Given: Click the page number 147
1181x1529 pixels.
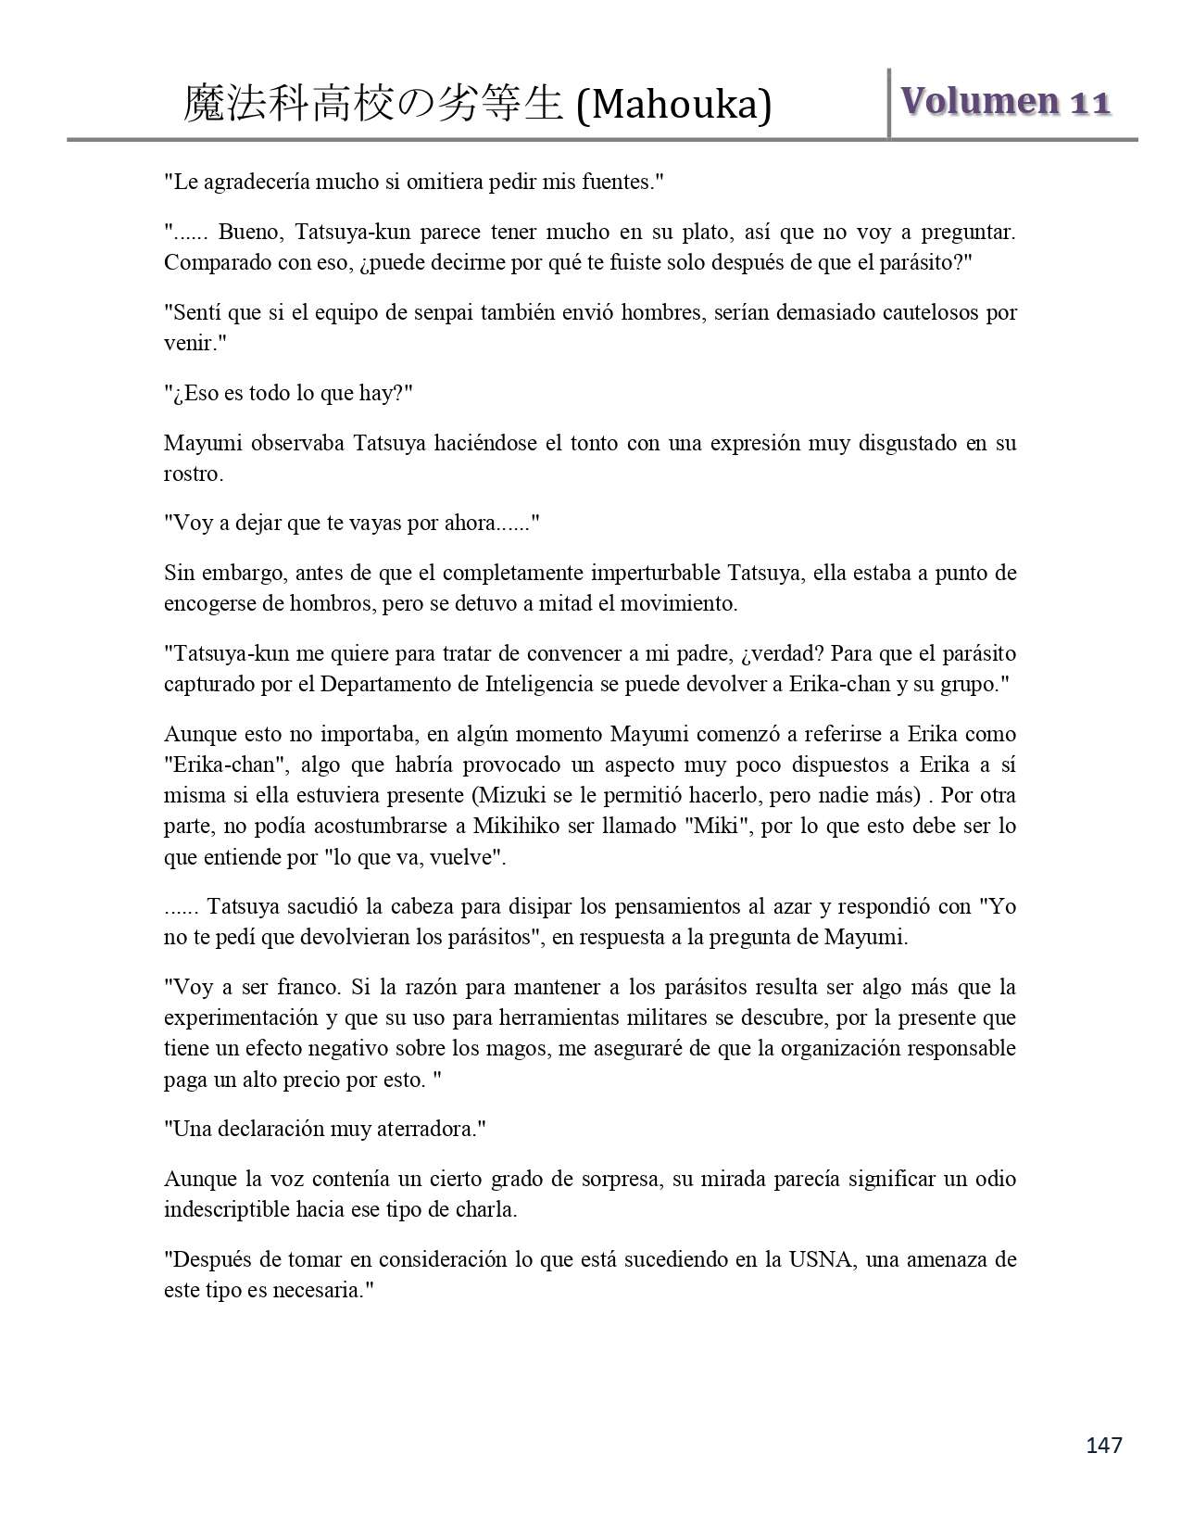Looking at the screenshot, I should coord(1103,1445).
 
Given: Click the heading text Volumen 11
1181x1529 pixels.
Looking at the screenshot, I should coord(1005,101).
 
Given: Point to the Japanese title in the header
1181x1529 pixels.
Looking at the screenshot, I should coord(373,104).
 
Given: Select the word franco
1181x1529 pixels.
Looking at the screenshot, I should coord(303,987).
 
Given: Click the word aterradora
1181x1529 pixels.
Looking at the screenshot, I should coord(433,1129).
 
